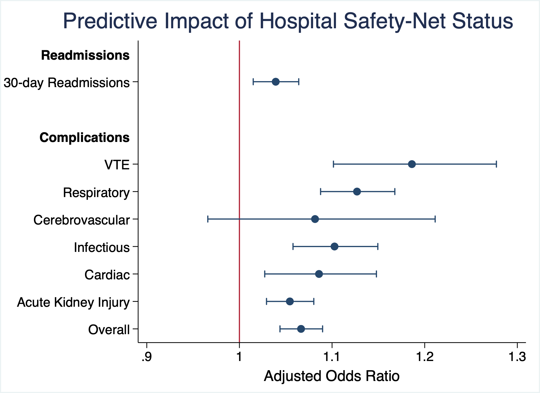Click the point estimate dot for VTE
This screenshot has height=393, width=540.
click(412, 164)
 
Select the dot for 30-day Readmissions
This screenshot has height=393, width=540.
click(275, 82)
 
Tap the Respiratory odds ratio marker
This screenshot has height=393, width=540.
click(357, 192)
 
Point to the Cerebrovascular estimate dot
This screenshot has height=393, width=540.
click(315, 219)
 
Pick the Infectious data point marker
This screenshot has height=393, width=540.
click(334, 246)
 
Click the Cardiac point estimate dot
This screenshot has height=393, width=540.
click(319, 274)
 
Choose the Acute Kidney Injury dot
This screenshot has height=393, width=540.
click(290, 301)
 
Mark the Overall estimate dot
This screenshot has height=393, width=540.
click(301, 329)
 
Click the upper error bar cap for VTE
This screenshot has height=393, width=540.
click(496, 164)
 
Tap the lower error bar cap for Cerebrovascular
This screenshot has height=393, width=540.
click(208, 219)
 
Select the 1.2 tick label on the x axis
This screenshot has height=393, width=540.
click(425, 357)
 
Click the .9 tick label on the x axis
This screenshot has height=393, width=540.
click(146, 357)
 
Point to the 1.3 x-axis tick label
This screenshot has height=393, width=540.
click(517, 357)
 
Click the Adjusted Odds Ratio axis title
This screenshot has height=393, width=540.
click(331, 376)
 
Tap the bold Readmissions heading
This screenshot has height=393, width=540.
click(85, 55)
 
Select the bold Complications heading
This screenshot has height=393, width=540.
click(84, 138)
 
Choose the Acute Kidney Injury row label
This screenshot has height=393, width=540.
click(73, 302)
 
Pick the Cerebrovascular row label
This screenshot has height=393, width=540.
click(82, 220)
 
